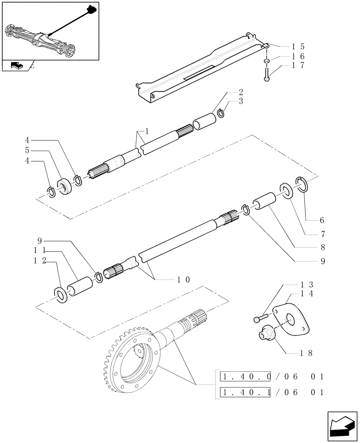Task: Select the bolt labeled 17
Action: point(266,73)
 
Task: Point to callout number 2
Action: point(240,93)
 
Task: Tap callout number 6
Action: point(322,220)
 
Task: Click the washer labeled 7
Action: point(285,191)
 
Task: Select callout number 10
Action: point(184,280)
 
